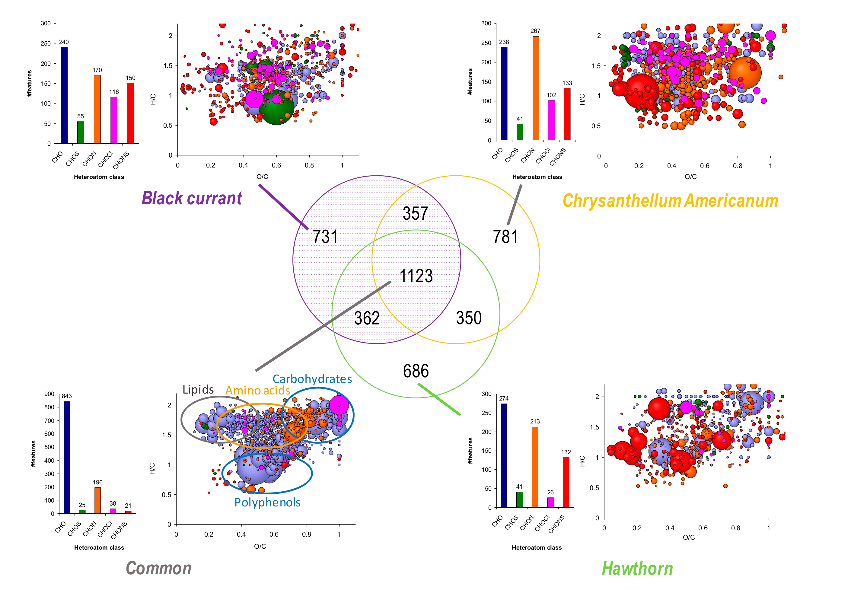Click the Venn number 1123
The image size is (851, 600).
click(416, 276)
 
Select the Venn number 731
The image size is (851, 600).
click(325, 237)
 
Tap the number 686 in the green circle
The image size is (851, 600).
click(416, 371)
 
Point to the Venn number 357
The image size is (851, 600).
click(415, 214)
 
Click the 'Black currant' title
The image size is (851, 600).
click(192, 198)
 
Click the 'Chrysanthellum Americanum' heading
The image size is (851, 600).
click(670, 200)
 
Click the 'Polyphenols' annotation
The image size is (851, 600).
click(267, 503)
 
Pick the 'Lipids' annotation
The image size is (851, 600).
click(198, 390)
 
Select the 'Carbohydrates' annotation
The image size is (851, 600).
click(312, 379)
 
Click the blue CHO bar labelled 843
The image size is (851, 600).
click(67, 457)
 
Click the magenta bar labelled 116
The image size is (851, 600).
click(114, 120)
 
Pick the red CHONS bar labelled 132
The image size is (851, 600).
click(566, 482)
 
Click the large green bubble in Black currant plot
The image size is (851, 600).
click(276, 107)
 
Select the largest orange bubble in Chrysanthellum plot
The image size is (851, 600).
click(745, 73)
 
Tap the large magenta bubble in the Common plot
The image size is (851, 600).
click(339, 405)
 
